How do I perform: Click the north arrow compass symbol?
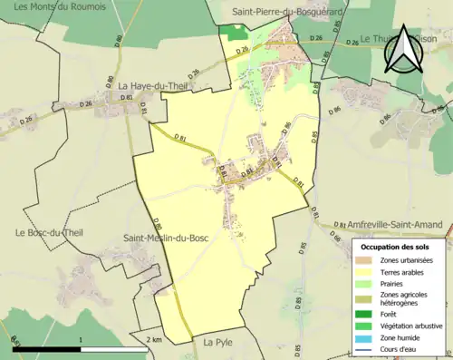[403, 53]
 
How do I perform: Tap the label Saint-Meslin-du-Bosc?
[168, 238]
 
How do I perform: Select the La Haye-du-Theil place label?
[152, 86]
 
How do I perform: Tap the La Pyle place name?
[218, 343]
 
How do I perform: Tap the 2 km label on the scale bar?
[156, 339]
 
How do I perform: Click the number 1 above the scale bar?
[82, 339]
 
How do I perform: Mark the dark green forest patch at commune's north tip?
[234, 32]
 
